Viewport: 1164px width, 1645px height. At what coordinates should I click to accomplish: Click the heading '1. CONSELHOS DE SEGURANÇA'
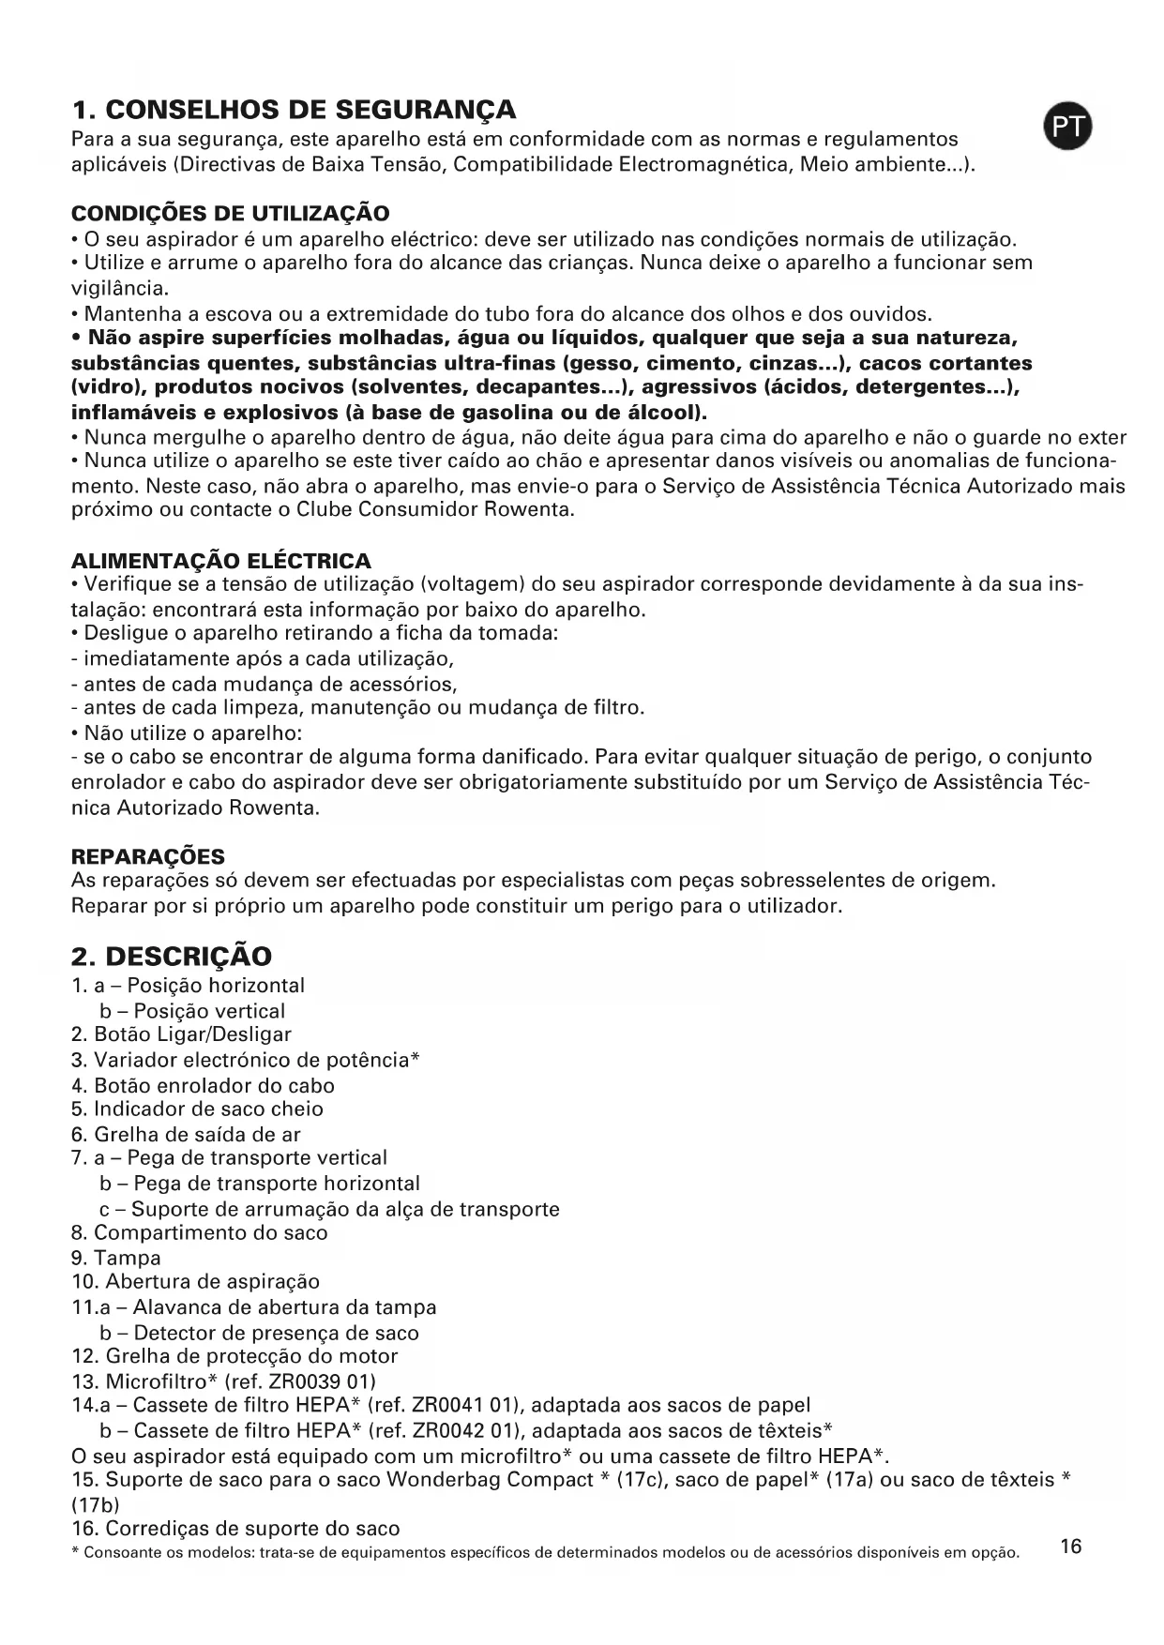(x=294, y=110)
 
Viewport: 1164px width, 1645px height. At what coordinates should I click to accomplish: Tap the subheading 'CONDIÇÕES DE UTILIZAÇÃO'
(x=230, y=213)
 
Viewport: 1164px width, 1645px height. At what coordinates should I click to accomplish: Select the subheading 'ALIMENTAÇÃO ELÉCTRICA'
(x=221, y=561)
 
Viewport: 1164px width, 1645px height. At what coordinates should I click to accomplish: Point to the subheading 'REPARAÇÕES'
(x=148, y=856)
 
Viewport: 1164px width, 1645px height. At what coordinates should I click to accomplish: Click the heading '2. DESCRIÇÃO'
(x=172, y=957)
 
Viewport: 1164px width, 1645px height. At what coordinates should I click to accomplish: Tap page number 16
(x=1070, y=1547)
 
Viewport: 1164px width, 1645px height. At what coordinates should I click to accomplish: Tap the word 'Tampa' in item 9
(x=128, y=1258)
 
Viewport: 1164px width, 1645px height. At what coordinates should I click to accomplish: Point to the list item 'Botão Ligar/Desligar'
(x=192, y=1034)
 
